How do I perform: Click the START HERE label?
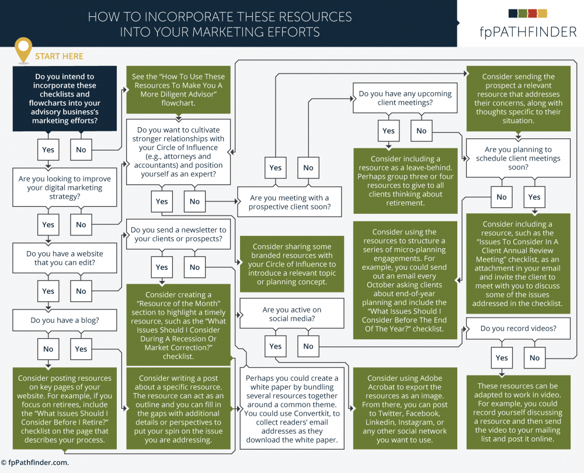59,56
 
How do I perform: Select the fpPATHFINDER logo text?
528,32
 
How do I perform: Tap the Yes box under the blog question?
81,349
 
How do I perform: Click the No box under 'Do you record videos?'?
534,358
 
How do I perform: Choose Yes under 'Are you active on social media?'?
275,346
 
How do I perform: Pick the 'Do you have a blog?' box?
65,321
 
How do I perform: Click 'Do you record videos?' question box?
518,329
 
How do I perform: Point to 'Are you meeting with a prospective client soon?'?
290,202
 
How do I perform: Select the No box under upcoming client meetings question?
421,131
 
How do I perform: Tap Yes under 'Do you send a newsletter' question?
162,267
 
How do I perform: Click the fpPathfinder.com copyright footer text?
34,462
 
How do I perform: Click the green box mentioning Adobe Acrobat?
405,409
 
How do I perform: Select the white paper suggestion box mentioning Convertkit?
291,409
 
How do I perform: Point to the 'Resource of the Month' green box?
178,325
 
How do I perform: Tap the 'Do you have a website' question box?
65,258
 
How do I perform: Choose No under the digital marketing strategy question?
81,225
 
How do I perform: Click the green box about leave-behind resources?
405,180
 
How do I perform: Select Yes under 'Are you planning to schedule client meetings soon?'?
534,197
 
